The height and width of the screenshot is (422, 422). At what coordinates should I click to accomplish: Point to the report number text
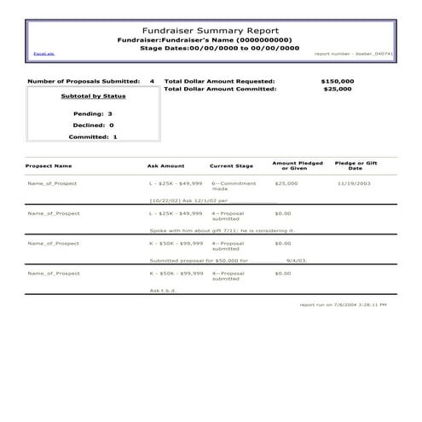click(351, 54)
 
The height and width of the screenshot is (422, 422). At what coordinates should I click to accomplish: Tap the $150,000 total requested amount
click(337, 81)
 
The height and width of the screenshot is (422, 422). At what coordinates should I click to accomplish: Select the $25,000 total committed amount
click(338, 89)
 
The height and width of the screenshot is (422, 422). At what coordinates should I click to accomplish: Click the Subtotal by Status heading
click(90, 97)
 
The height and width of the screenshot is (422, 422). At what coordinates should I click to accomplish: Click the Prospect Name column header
click(49, 166)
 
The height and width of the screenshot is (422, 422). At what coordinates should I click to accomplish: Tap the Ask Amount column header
click(165, 166)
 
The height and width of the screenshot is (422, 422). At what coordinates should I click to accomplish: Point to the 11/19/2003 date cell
click(354, 183)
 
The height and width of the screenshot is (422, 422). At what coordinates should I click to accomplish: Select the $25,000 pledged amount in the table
click(286, 183)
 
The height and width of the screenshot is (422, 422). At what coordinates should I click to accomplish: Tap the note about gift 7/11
click(222, 230)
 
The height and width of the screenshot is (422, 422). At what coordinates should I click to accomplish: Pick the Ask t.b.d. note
click(161, 290)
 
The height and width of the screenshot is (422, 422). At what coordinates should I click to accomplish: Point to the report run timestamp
click(343, 304)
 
